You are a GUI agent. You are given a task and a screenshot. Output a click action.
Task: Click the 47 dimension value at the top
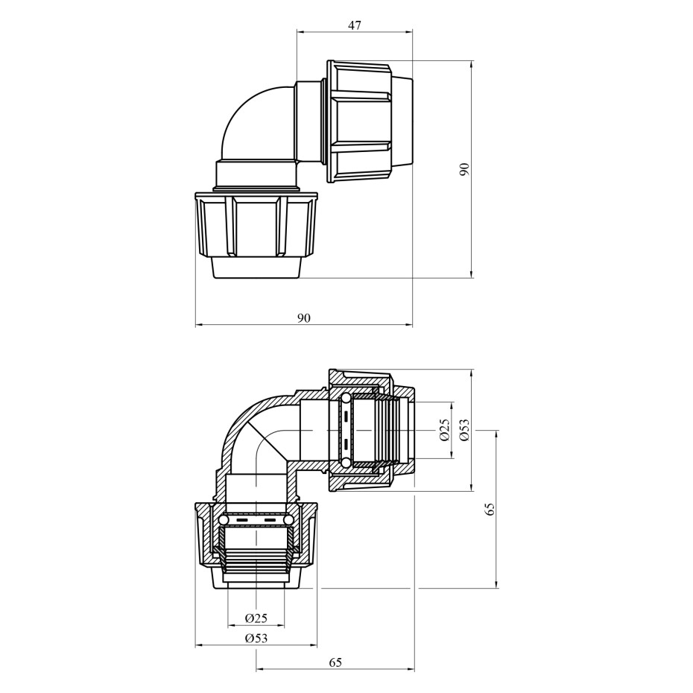coord(355,25)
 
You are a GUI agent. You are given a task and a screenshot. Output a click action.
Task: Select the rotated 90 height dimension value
coord(463,170)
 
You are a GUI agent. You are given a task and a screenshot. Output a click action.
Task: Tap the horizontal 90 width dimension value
coord(303,317)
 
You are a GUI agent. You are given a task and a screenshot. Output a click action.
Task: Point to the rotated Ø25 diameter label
coord(444,430)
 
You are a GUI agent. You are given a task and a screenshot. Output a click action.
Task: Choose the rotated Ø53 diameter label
coord(463,430)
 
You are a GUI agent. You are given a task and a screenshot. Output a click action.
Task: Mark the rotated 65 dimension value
coord(489,509)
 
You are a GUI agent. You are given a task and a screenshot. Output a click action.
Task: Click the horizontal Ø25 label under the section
coord(256,618)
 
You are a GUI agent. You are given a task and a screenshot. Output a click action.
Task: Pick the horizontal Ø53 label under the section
coord(256,638)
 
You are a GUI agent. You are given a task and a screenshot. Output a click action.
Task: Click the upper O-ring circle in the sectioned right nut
coord(345,400)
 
